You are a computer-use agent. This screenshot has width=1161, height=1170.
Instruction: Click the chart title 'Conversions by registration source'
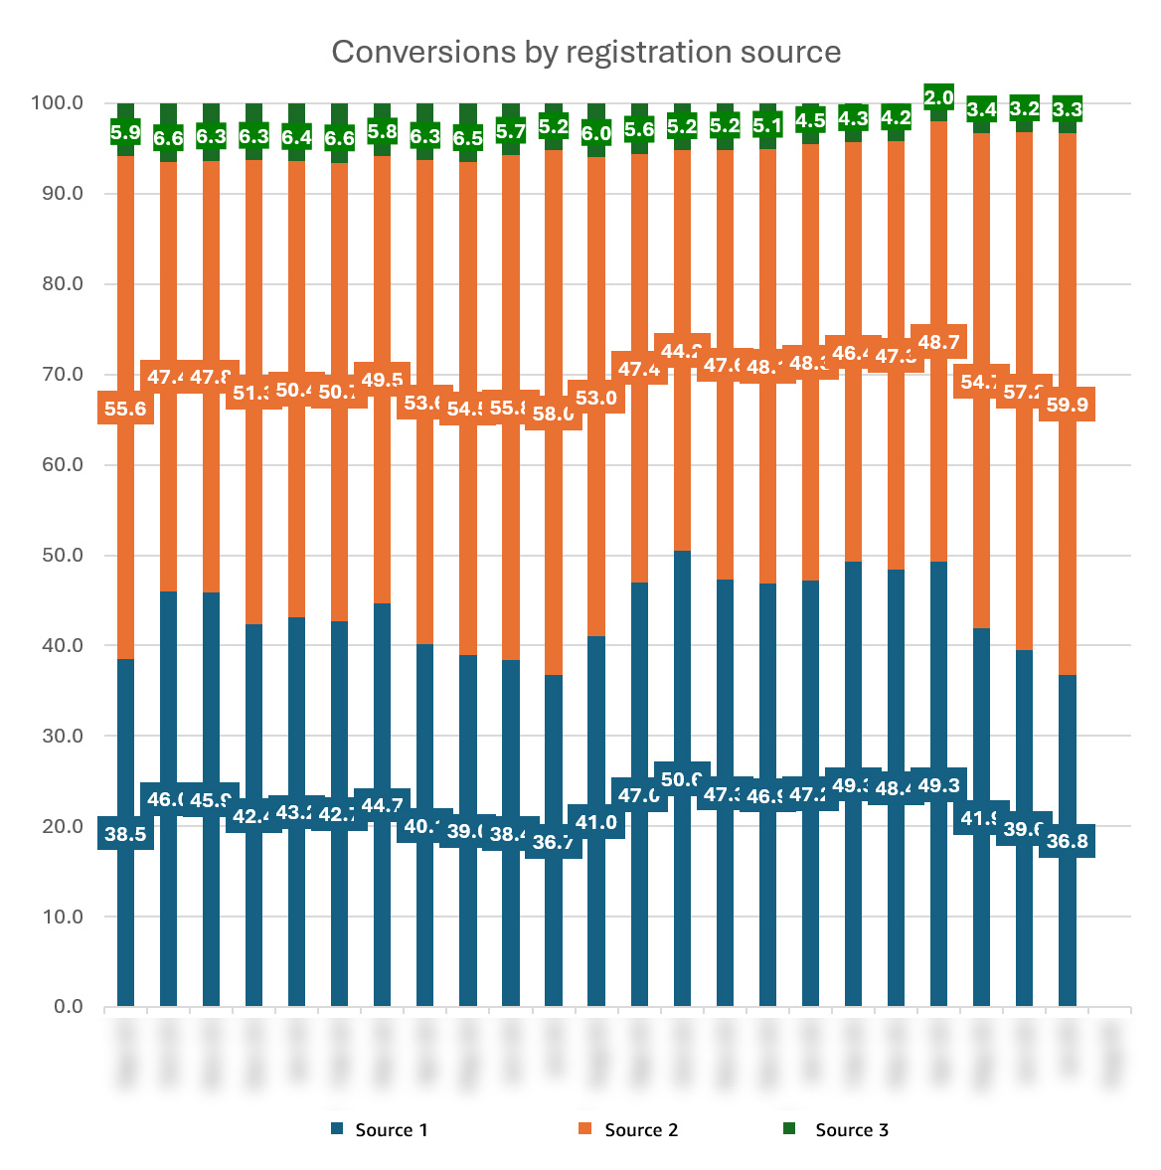point(585,52)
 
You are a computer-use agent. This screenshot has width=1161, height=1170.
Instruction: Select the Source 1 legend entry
point(391,1129)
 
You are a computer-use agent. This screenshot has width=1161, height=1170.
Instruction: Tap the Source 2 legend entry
point(640,1129)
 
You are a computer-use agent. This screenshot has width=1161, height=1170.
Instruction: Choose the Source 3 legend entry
point(851,1129)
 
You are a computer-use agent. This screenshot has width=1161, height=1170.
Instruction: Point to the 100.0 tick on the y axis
point(57,103)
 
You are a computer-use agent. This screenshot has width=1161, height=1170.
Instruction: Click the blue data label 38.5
point(125,834)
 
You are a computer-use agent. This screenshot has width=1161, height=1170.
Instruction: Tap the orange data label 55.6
point(125,409)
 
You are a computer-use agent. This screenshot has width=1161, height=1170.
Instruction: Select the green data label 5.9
point(125,132)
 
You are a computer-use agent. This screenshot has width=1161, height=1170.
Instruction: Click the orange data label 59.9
point(1067,405)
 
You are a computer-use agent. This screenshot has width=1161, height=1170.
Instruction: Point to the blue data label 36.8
point(1067,841)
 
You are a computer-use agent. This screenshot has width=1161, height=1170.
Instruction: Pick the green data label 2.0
point(938,97)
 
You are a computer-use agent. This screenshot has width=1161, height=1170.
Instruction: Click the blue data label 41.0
point(596,822)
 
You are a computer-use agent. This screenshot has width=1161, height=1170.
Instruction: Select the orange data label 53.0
point(596,399)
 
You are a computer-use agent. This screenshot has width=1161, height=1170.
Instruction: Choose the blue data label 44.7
point(383,805)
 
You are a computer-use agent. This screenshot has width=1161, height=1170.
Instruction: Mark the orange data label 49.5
point(383,380)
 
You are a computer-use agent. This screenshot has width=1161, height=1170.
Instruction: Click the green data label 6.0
point(596,133)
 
